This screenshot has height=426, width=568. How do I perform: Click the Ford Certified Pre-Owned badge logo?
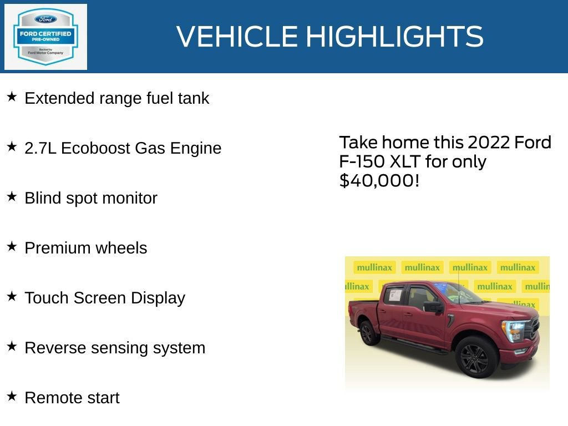point(45,37)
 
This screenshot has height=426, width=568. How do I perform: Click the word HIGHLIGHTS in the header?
point(394,37)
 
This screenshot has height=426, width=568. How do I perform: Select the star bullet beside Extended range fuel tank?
point(12,97)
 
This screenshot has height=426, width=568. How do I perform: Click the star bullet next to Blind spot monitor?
point(12,197)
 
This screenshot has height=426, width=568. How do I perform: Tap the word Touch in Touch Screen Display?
point(45,298)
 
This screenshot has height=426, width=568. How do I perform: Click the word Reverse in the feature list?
point(53,348)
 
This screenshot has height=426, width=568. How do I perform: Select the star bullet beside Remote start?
point(12,397)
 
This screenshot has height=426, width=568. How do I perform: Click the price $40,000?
point(379,180)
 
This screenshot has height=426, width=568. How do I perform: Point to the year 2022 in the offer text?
point(489,143)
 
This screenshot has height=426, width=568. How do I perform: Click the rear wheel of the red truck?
point(367,332)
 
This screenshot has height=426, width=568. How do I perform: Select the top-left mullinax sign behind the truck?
point(374,267)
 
